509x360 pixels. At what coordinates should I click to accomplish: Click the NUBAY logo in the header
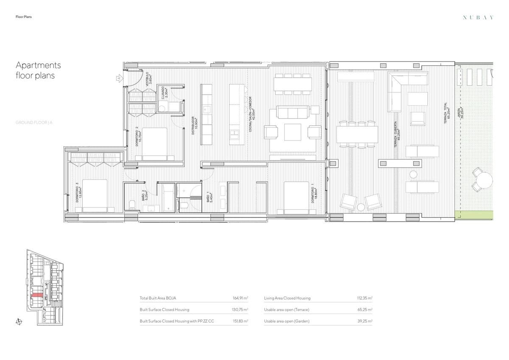click(x=478, y=17)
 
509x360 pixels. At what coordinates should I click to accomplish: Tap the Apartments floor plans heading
click(x=38, y=70)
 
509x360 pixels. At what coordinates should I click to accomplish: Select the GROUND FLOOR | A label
click(x=34, y=123)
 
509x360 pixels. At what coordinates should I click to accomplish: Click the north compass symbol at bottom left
click(x=18, y=321)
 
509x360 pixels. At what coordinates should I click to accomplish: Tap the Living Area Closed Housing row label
click(x=287, y=298)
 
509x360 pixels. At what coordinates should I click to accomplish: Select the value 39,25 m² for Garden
click(x=365, y=321)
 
